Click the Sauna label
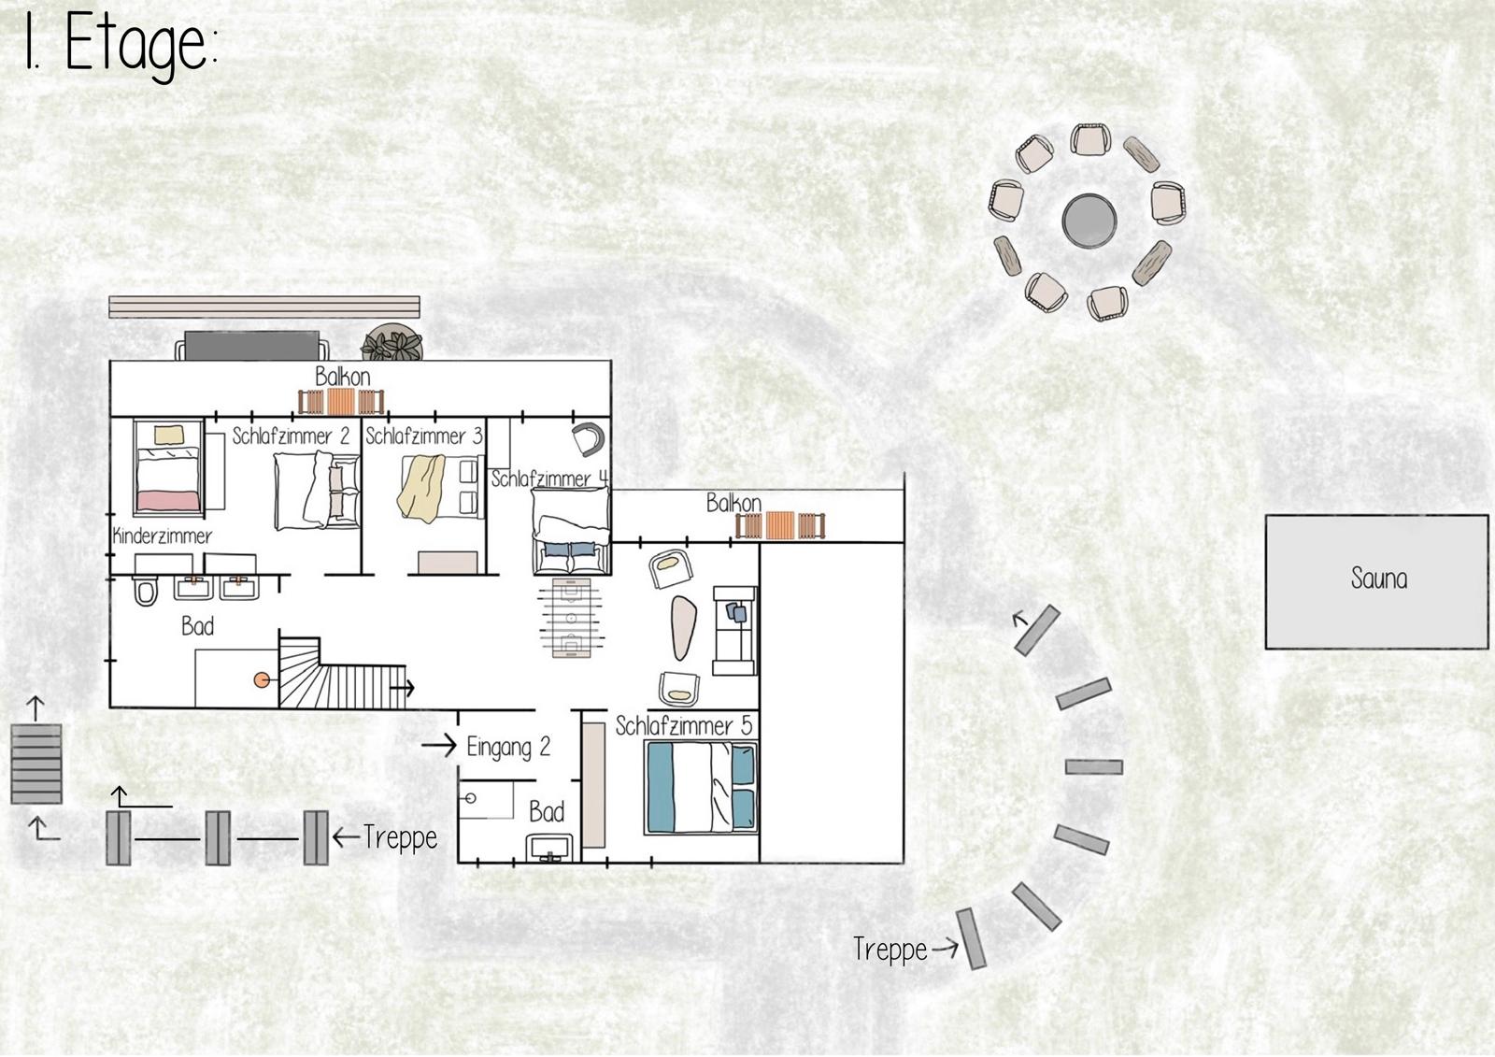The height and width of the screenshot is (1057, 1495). (x=1379, y=578)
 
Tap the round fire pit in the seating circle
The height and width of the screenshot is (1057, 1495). (x=1089, y=221)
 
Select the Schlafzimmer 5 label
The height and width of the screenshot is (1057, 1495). (x=684, y=726)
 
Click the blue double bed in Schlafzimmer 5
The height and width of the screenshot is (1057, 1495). (x=701, y=787)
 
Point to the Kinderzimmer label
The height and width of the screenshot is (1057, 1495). (x=163, y=536)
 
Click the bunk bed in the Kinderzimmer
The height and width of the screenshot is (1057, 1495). (x=168, y=467)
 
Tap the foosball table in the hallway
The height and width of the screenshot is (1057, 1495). (x=571, y=619)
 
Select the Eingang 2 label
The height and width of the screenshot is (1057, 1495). (x=508, y=747)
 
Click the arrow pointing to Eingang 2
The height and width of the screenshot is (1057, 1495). (x=439, y=745)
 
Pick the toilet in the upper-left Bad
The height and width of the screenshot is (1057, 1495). (x=145, y=591)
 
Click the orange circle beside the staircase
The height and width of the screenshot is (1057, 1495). (x=261, y=680)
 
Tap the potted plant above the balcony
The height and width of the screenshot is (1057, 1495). (x=392, y=343)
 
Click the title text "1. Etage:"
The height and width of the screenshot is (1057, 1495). (x=121, y=44)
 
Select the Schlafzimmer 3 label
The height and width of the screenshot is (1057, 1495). (x=424, y=436)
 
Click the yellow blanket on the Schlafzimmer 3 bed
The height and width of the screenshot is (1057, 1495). (x=421, y=488)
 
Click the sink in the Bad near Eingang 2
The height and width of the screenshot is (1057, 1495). (x=549, y=848)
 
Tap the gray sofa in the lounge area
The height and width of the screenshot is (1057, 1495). (x=734, y=631)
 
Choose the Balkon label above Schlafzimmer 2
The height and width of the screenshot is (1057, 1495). (x=342, y=377)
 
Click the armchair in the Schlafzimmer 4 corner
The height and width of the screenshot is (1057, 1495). (x=589, y=439)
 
